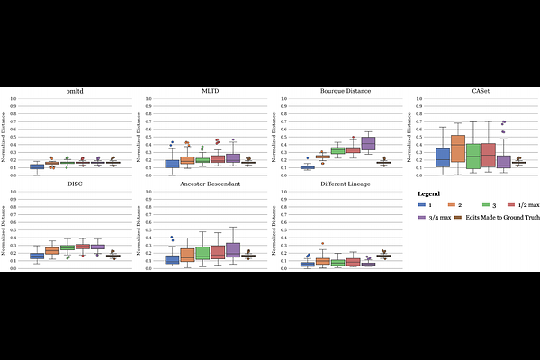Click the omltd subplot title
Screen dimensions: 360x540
(x=75, y=92)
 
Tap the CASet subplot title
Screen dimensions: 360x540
(x=478, y=92)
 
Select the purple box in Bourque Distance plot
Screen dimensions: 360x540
(x=367, y=143)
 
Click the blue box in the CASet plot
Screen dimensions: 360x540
(x=443, y=157)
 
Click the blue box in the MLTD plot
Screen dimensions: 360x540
(x=173, y=164)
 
